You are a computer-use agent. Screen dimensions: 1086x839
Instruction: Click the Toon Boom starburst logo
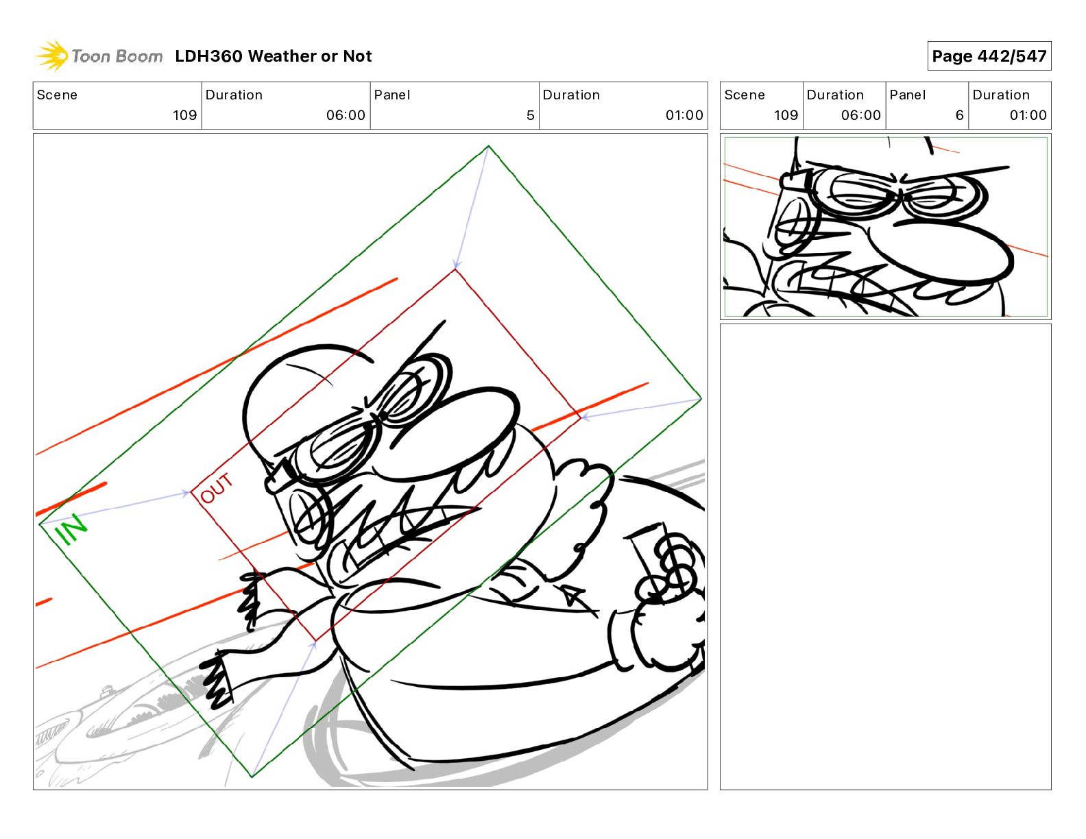coord(52,56)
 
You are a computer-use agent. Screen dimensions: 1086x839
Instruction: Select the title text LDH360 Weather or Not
coord(274,56)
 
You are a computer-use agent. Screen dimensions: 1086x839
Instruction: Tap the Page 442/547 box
coord(989,56)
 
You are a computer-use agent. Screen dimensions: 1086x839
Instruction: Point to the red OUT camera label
coord(216,488)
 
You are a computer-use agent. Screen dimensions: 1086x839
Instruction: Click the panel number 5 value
coord(530,115)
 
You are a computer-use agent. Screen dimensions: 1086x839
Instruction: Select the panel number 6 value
coord(959,115)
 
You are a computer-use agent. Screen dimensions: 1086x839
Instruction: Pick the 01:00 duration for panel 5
coord(684,115)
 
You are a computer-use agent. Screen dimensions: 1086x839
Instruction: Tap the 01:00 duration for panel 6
coord(1028,115)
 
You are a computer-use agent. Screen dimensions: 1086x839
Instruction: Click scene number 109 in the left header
coord(185,115)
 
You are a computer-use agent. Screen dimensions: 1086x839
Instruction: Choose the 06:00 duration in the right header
coord(860,115)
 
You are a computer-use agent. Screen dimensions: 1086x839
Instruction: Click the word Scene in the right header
coord(744,95)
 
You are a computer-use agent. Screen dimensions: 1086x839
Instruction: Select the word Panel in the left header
coord(391,95)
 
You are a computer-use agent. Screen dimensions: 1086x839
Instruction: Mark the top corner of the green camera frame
coord(488,146)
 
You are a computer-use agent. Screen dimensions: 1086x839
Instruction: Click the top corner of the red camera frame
coord(455,270)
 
